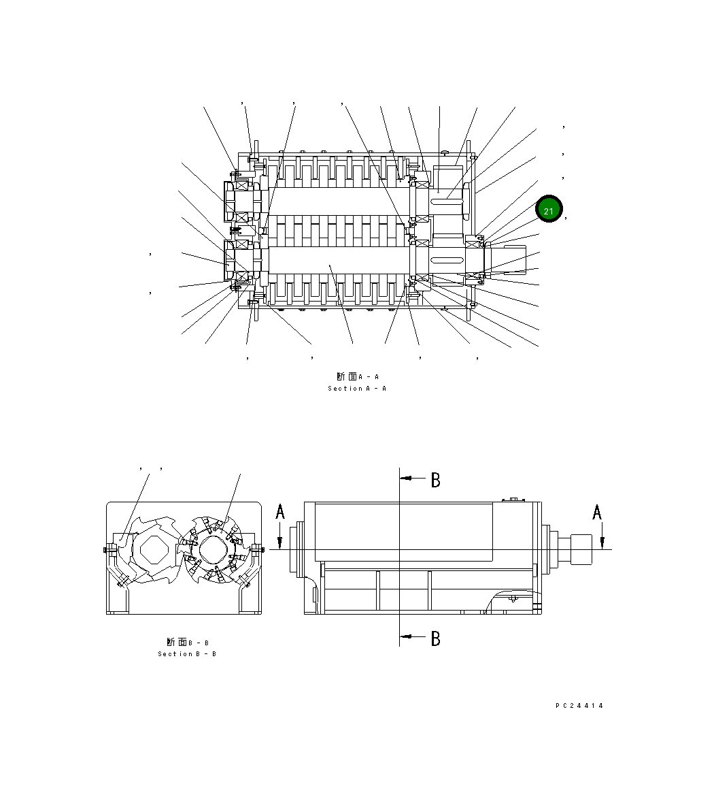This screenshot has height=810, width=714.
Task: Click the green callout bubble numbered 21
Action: click(549, 210)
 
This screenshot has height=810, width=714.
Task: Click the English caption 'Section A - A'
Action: click(357, 389)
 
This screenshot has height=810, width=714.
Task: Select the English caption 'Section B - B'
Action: click(187, 654)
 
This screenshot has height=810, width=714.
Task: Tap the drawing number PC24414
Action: click(579, 706)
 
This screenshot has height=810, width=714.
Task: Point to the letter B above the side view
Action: click(435, 480)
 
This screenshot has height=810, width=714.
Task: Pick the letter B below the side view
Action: click(435, 638)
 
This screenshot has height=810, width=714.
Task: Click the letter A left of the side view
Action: click(280, 512)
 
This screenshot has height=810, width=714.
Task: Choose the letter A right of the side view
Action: click(597, 512)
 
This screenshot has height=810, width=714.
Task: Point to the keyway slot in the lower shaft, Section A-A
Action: click(448, 259)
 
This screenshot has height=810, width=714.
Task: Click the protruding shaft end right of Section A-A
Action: click(510, 259)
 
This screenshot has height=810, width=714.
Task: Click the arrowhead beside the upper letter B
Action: click(408, 479)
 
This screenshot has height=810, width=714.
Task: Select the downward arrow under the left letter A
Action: click(280, 542)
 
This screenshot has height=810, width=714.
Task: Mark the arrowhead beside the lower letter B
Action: click(408, 636)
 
